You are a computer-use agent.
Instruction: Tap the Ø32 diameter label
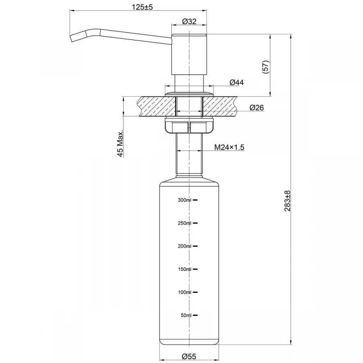(189, 22)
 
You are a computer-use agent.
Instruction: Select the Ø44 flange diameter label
(236, 82)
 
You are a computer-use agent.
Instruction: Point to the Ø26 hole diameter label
(257, 107)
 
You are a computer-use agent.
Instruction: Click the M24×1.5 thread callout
(229, 147)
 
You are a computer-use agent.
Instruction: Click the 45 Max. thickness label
(120, 144)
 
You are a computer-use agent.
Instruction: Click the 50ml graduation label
(186, 315)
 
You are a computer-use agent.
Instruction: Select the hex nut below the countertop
(189, 126)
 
